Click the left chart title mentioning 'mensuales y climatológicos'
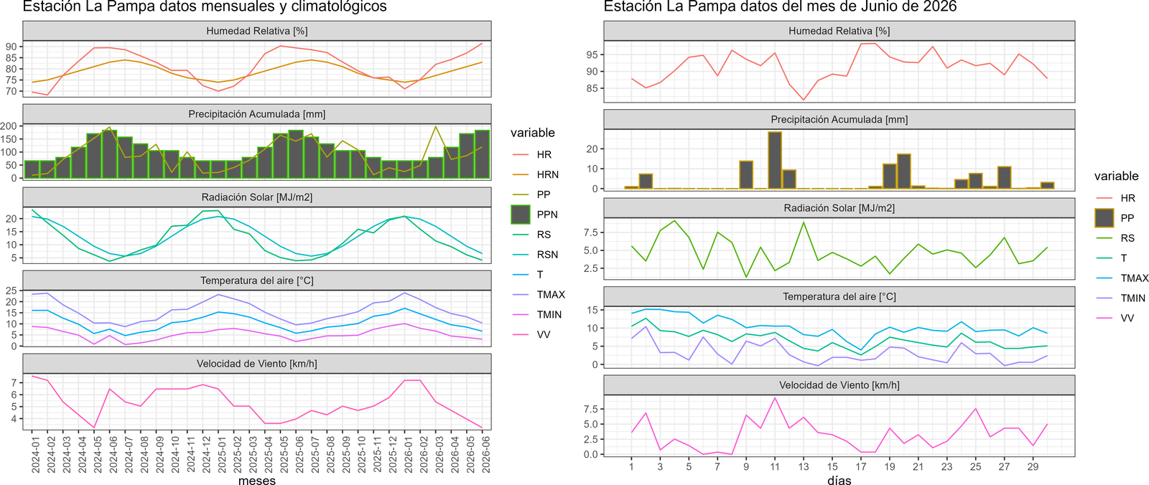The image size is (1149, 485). point(205,6)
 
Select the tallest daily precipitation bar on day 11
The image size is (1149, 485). point(775,160)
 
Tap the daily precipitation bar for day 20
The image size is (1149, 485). point(904,171)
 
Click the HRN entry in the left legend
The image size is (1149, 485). point(547,174)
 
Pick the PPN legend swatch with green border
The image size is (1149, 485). point(520,215)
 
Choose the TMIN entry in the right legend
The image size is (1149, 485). point(1132,298)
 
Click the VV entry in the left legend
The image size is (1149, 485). point(543,334)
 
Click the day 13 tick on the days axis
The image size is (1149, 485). point(804,466)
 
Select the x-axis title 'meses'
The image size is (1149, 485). point(257,480)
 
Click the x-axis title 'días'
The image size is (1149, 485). point(839,480)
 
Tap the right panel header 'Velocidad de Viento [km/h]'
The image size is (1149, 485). point(839,385)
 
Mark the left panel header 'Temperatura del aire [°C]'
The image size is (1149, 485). point(256,281)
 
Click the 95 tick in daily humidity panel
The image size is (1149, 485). point(592,55)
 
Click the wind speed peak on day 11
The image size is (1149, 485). point(775,398)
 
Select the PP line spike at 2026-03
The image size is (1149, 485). point(435,127)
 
